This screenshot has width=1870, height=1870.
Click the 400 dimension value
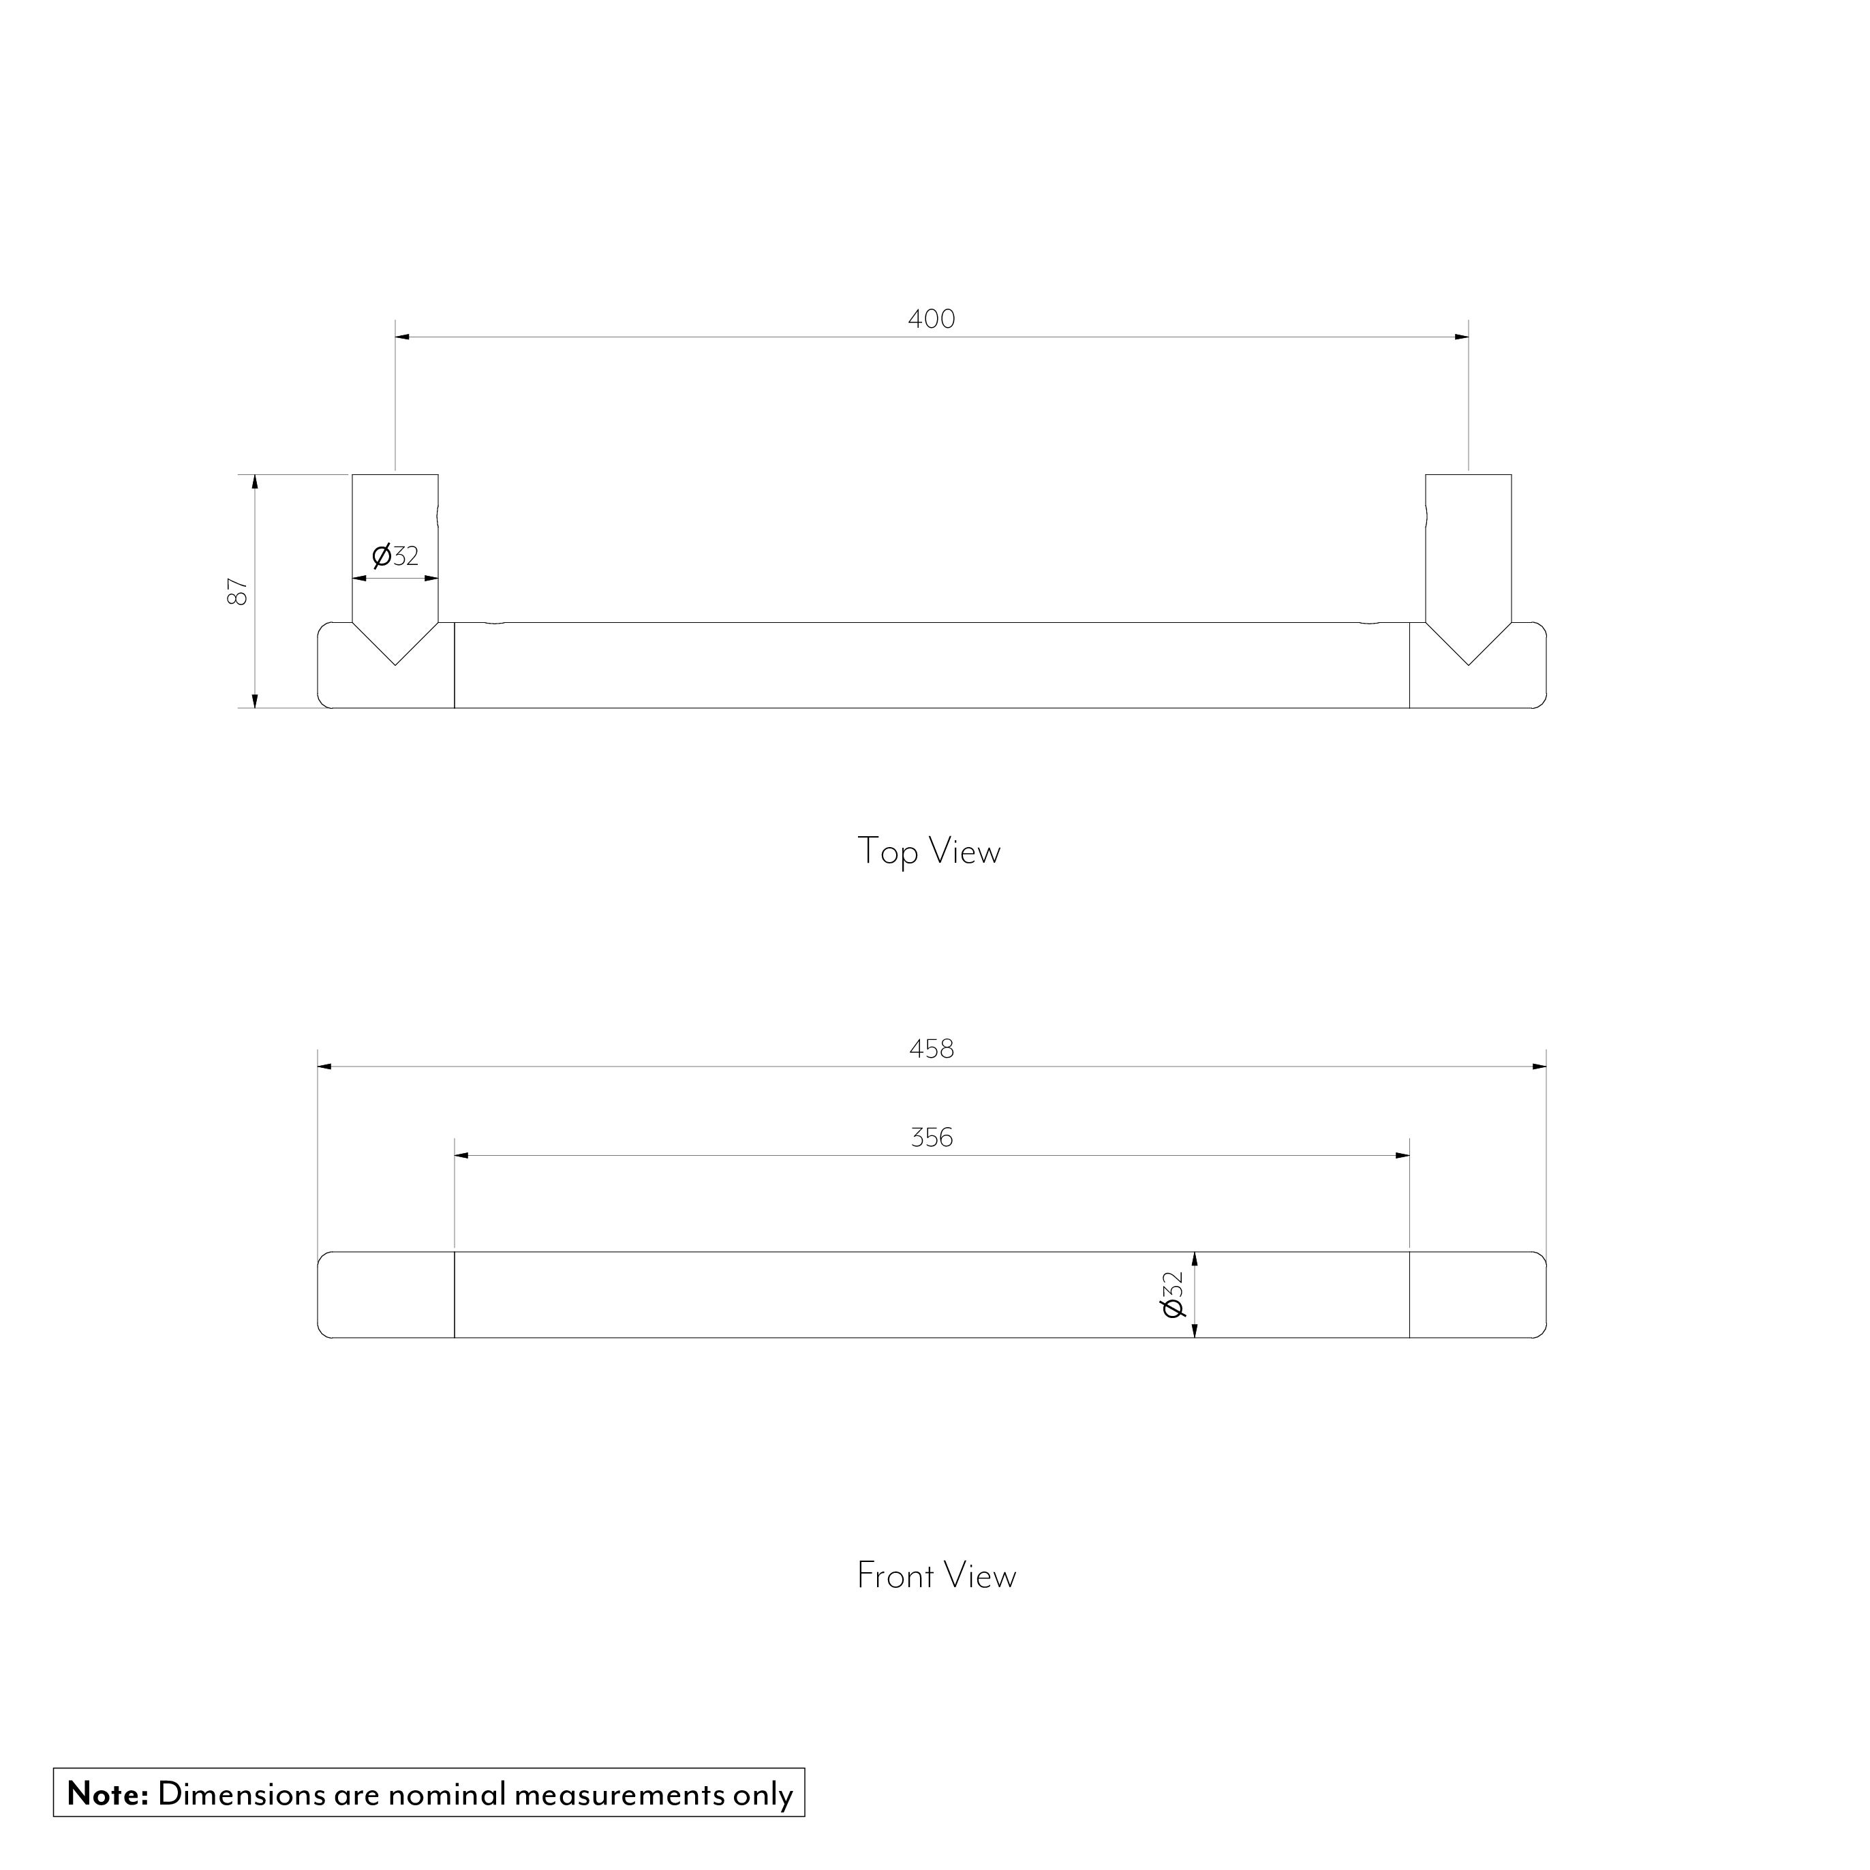click(931, 320)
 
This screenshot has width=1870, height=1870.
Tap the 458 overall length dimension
click(931, 1049)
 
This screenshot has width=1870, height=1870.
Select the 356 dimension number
click(931, 1137)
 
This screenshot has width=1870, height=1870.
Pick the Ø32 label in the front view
click(1172, 1294)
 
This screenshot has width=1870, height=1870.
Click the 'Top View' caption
click(928, 852)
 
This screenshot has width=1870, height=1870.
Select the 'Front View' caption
click(936, 1576)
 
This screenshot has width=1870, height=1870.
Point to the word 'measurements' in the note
click(619, 1794)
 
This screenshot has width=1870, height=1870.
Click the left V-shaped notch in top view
click(395, 643)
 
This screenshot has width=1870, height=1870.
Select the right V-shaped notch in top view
click(1469, 643)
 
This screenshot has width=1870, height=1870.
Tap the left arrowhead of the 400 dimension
click(401, 337)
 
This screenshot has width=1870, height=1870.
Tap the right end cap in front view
click(1477, 1295)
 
